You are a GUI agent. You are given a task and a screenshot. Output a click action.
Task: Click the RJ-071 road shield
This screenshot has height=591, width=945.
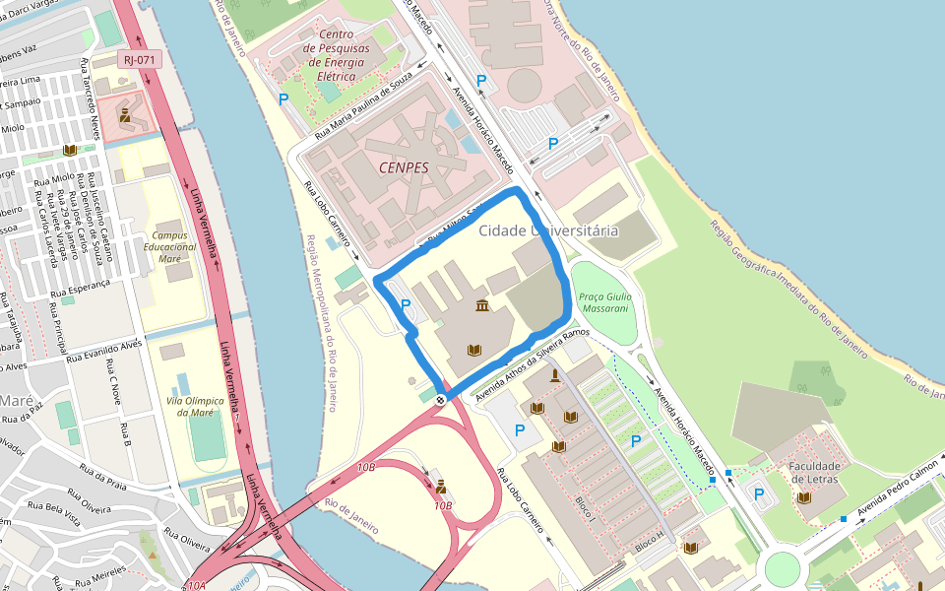[x=139, y=59]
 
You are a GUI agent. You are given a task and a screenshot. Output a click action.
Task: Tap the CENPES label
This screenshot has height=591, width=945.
[x=404, y=167]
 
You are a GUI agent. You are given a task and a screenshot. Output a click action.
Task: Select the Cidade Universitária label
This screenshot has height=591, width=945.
[x=548, y=230]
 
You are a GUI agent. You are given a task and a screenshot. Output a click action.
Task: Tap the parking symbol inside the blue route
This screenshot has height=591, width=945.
[x=405, y=306]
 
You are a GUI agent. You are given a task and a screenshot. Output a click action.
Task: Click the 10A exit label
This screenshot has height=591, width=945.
[x=198, y=585]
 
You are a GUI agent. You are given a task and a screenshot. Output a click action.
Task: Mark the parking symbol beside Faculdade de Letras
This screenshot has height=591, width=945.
[x=759, y=494]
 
